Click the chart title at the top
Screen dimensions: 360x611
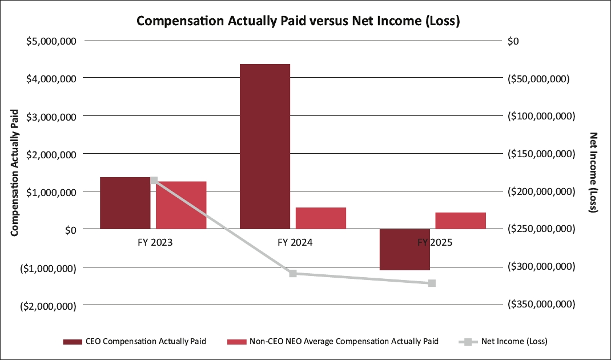pos(299,22)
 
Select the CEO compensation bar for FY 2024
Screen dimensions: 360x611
pos(265,146)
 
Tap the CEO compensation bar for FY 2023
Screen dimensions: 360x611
pos(125,203)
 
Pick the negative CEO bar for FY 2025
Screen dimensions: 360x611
pos(405,249)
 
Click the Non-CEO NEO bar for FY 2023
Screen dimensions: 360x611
pos(181,205)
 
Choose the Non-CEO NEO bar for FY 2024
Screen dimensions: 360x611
pos(321,218)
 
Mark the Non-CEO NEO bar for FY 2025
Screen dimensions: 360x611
pos(461,221)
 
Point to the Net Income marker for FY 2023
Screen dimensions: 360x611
pos(154,181)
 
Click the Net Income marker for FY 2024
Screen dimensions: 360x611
pos(293,273)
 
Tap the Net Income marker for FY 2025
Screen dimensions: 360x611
pos(432,283)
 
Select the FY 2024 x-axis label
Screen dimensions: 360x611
pos(295,242)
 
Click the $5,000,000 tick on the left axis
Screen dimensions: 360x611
pos(52,41)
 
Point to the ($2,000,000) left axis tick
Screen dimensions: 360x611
pos(49,306)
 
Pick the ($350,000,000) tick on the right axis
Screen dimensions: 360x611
pos(540,305)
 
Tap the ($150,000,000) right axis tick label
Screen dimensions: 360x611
pos(540,154)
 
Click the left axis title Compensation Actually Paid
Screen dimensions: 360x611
pos(14,172)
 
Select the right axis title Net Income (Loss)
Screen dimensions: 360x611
pos(593,172)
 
